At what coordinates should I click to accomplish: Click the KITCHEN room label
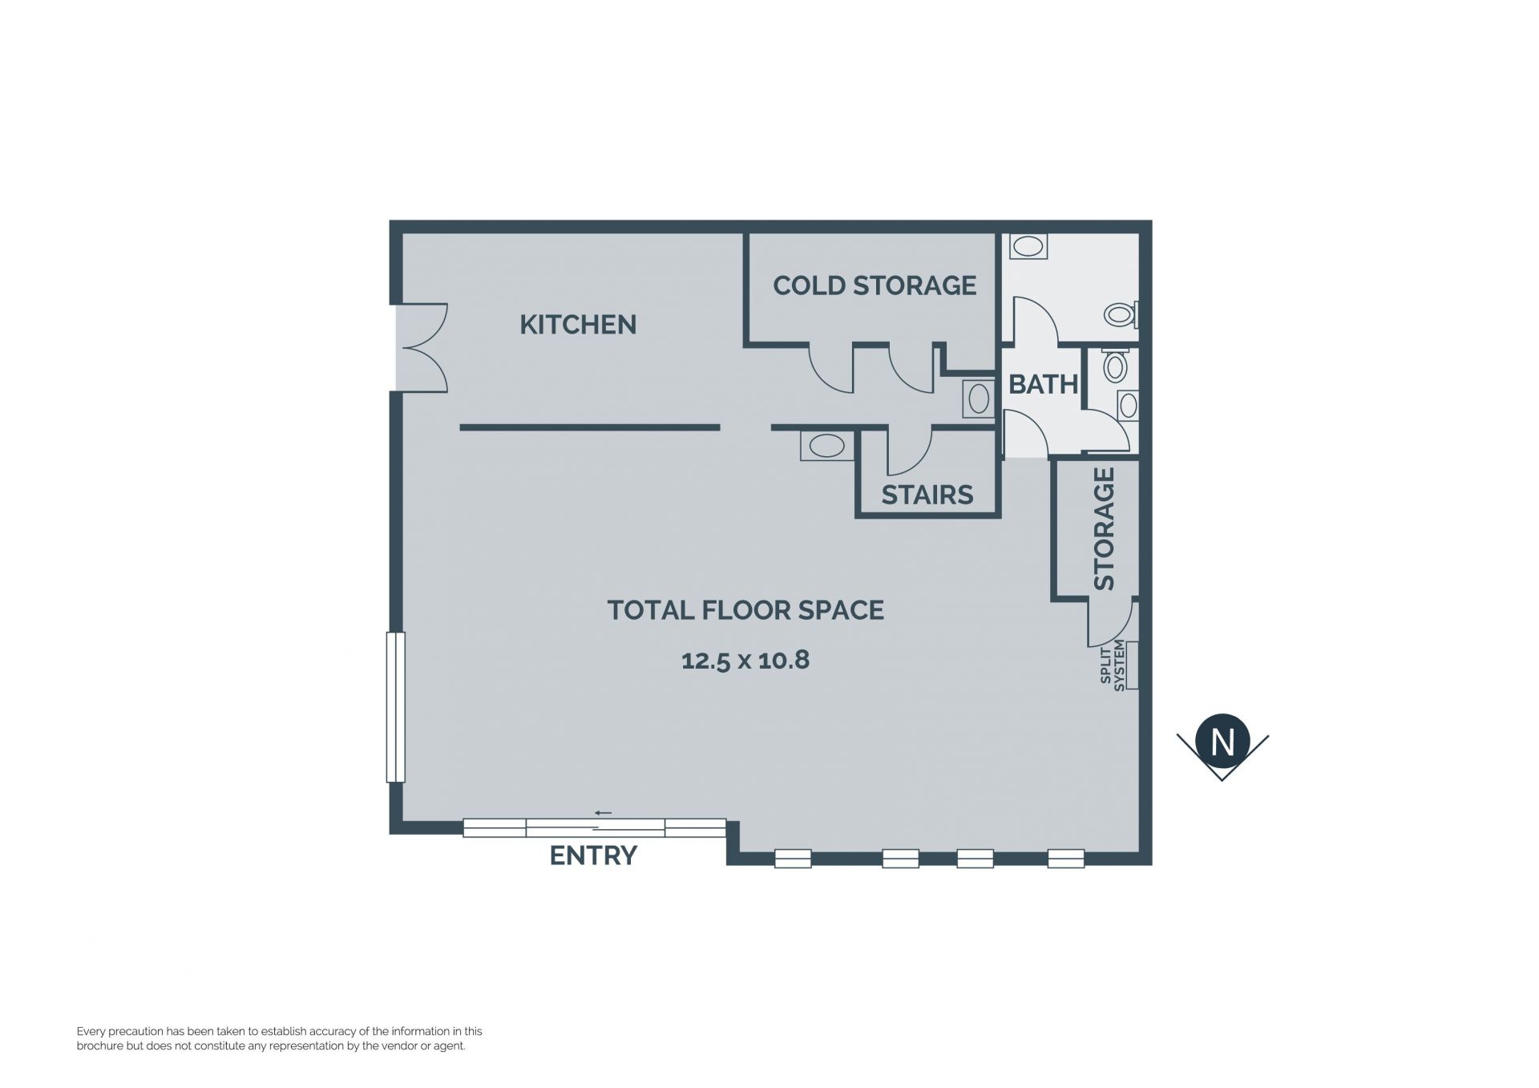[578, 325]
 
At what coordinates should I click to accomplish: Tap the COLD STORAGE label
[875, 285]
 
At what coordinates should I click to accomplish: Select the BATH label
[1043, 385]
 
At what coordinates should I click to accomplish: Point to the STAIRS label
[927, 495]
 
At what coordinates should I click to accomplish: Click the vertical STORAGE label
[1104, 529]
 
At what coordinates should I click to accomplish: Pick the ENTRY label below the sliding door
[593, 855]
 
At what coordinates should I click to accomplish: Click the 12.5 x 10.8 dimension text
[745, 661]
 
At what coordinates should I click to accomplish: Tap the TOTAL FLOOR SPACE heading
[745, 610]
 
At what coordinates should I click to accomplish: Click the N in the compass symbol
[1222, 742]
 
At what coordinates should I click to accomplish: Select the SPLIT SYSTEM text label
[1113, 665]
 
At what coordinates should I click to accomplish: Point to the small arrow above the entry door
[603, 813]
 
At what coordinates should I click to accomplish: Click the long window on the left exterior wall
[395, 707]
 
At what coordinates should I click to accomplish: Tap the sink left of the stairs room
[827, 446]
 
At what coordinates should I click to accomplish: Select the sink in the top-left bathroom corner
[1028, 246]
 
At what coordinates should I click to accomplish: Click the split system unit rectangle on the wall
[1133, 665]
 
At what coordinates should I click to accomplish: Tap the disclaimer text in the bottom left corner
[280, 1038]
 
